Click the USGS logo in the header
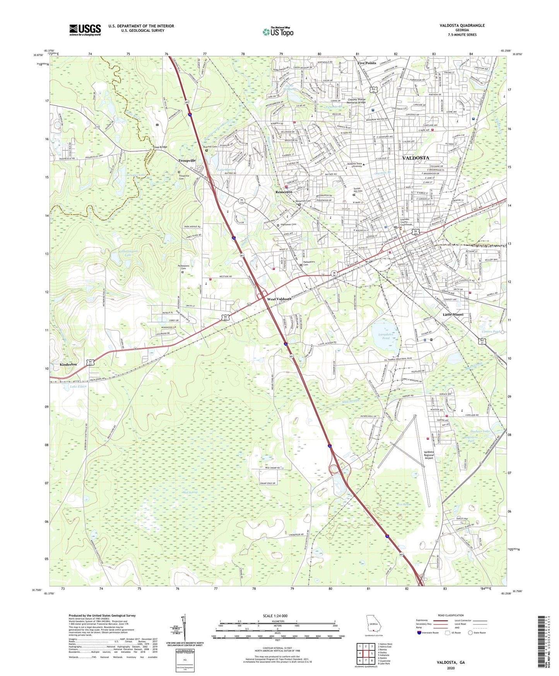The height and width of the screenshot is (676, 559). (x=85, y=29)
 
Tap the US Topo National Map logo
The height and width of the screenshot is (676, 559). (x=278, y=32)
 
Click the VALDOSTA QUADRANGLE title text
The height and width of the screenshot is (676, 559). (x=462, y=26)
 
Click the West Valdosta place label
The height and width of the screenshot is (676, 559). (x=279, y=299)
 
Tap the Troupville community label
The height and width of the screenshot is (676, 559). (x=187, y=160)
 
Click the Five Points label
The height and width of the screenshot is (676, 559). (x=366, y=63)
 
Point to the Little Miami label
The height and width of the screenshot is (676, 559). (x=453, y=314)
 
